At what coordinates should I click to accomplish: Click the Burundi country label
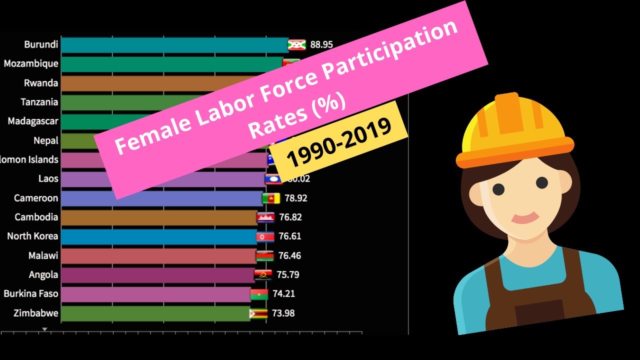41,44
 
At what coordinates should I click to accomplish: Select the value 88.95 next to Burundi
321,44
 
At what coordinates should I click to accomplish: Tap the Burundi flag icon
296,45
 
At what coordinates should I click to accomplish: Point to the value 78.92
295,198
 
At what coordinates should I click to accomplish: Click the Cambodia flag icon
265,217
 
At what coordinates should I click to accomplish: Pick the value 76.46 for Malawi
289,255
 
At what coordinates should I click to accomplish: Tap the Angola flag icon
263,275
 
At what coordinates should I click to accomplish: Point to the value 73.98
283,313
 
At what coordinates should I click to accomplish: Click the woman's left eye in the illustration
498,189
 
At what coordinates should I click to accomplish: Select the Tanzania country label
39,102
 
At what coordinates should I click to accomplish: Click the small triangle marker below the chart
44,329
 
